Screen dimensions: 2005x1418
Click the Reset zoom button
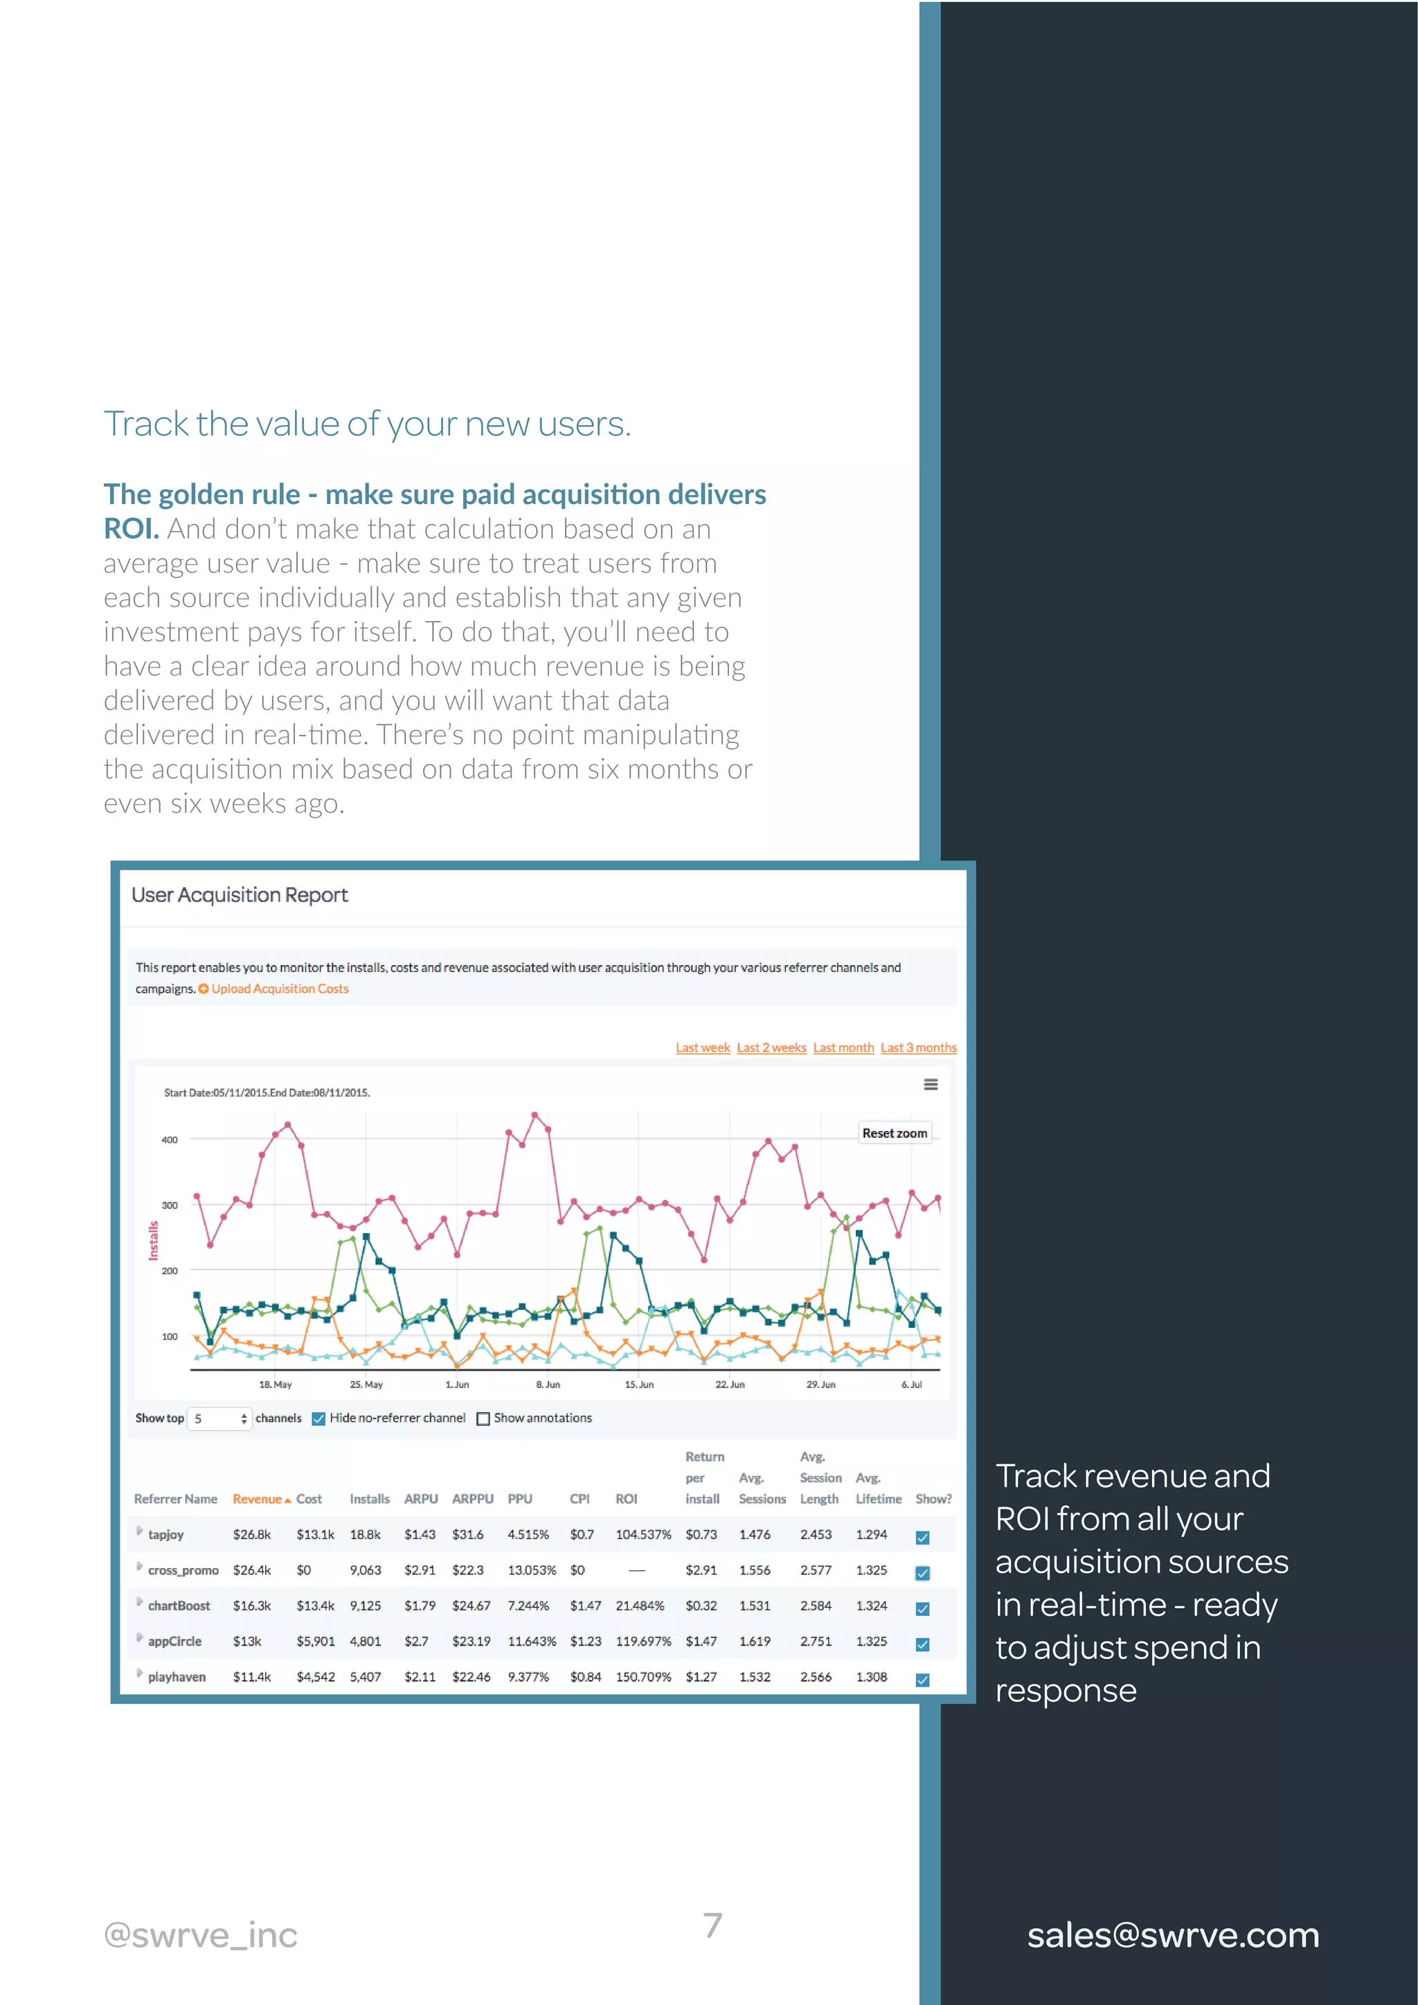894,1133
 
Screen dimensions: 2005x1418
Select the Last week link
702,1048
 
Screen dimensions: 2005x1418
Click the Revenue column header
258,1498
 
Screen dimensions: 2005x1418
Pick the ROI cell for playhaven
643,1677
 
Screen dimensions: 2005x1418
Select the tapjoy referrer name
166,1534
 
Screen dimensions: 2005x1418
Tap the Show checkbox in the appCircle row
922,1644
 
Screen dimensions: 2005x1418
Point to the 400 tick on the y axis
170,1140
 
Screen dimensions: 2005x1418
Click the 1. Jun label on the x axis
457,1384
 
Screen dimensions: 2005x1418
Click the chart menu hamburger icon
931,1085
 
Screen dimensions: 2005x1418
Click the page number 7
712,1925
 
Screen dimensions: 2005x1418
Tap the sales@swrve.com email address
1173,1935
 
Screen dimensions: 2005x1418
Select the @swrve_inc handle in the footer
201,1935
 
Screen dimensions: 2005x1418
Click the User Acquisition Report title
240,895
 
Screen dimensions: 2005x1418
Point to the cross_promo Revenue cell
251,1570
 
